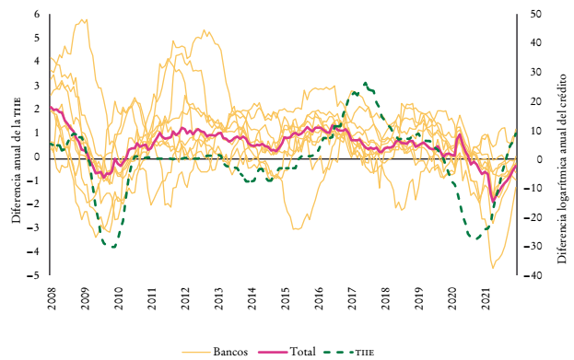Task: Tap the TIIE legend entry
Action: pyautogui.click(x=365, y=351)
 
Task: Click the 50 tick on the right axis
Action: pyautogui.click(x=536, y=15)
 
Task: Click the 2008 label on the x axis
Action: pyautogui.click(x=52, y=299)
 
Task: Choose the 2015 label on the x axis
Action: pyautogui.click(x=286, y=299)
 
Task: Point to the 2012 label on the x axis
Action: pyautogui.click(x=185, y=299)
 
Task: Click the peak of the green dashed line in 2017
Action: pyautogui.click(x=365, y=83)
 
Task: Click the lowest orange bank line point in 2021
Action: pyautogui.click(x=493, y=267)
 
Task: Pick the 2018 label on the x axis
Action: pyautogui.click(x=385, y=299)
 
